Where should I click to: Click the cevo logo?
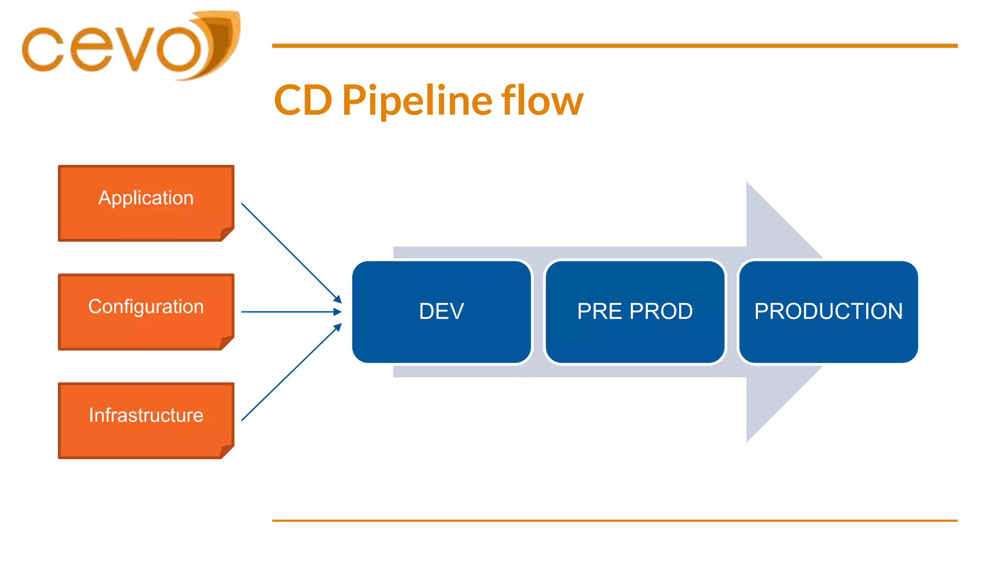point(130,47)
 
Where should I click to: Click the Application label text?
point(146,198)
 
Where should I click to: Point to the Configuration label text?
point(146,307)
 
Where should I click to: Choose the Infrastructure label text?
point(146,415)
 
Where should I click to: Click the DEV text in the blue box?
point(441,311)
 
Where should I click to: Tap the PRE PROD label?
point(635,311)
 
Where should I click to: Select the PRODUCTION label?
point(828,311)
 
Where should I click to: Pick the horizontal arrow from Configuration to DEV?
point(289,311)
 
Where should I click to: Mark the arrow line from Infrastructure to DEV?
point(289,374)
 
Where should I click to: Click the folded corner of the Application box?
point(226,234)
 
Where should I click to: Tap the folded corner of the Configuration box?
point(226,343)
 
